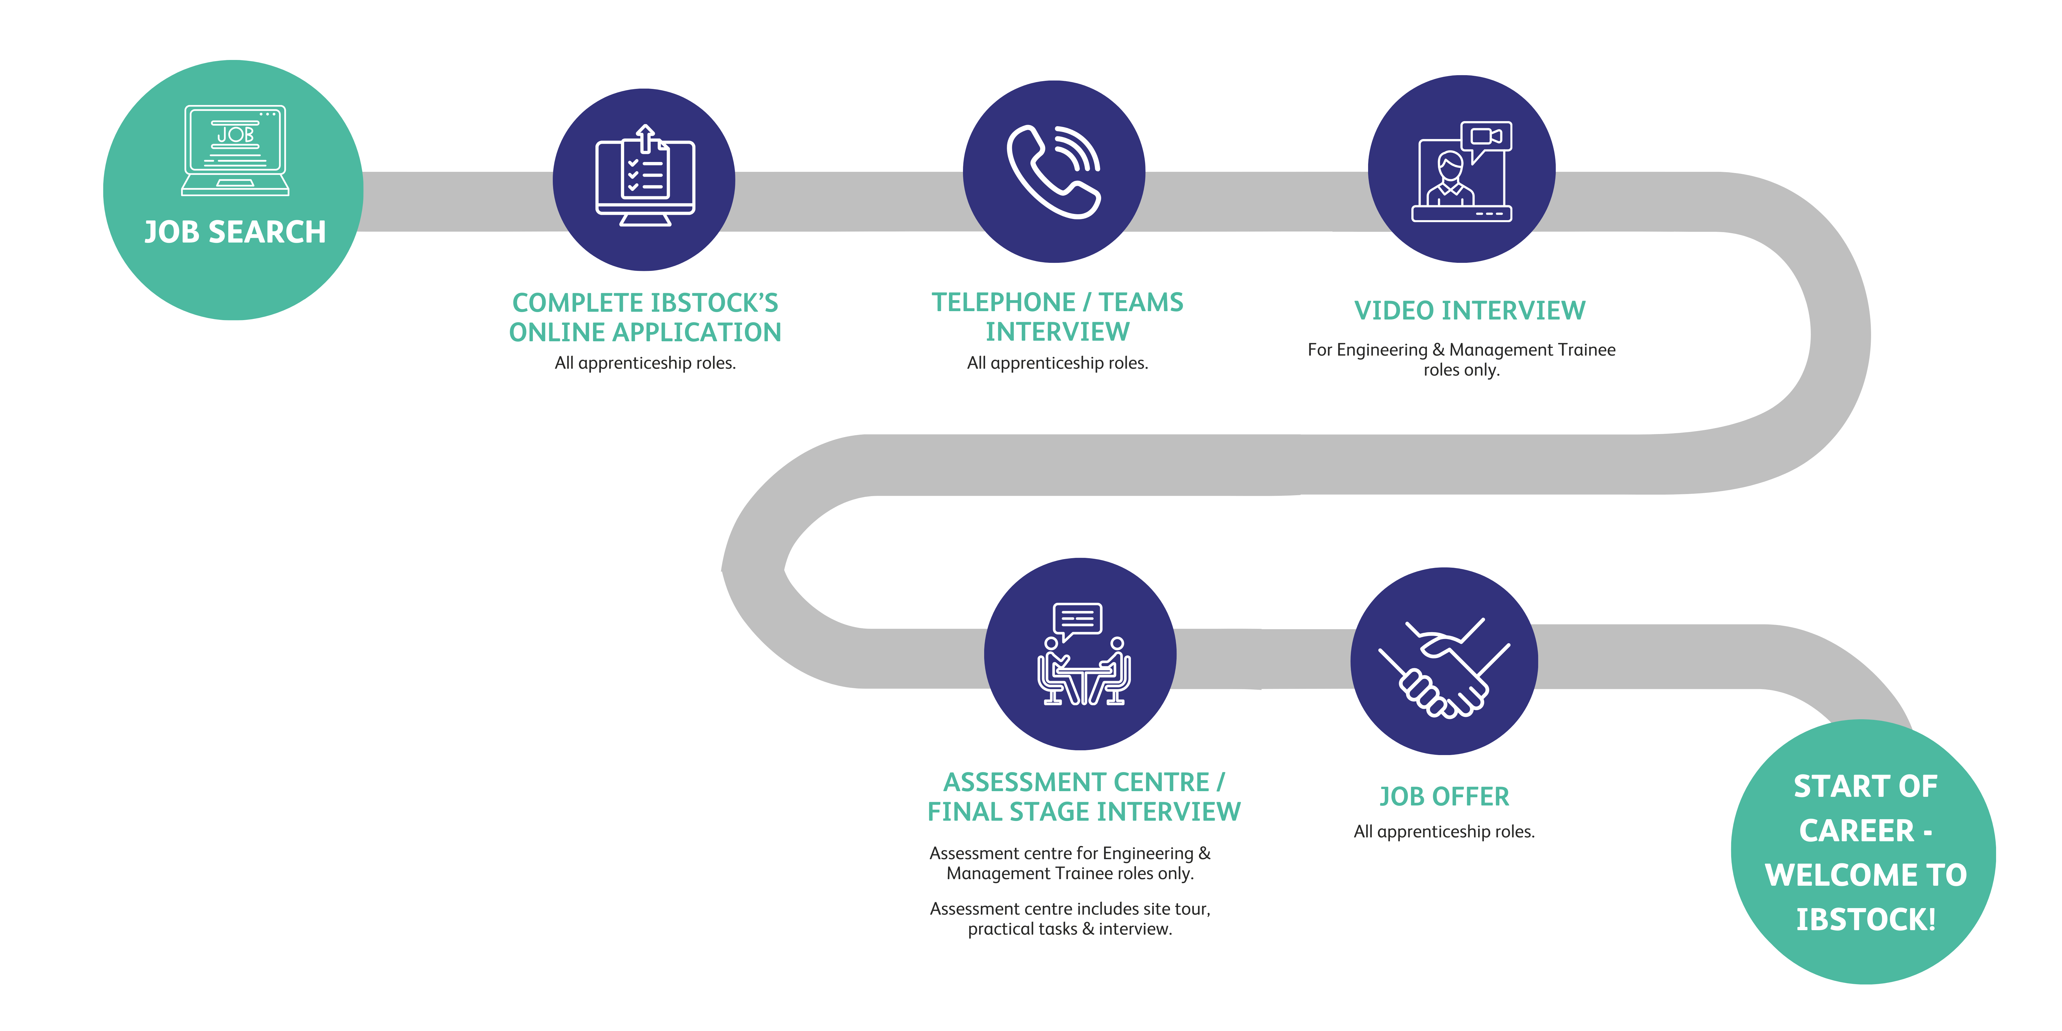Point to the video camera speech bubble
pos(1486,138)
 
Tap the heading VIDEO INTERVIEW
pos(1470,311)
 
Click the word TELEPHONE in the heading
pos(1003,302)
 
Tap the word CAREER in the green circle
pos(1856,831)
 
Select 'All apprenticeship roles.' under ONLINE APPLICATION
pos(645,363)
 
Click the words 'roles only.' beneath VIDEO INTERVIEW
pos(1461,370)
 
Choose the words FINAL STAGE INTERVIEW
pos(1084,812)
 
